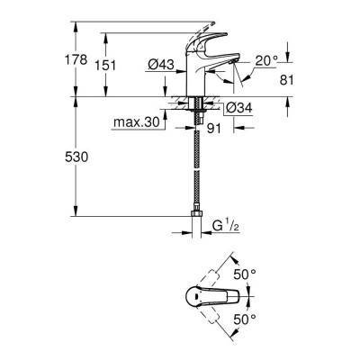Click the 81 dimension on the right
(x=287, y=80)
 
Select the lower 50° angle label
(x=242, y=319)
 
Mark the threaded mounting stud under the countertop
(x=193, y=112)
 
